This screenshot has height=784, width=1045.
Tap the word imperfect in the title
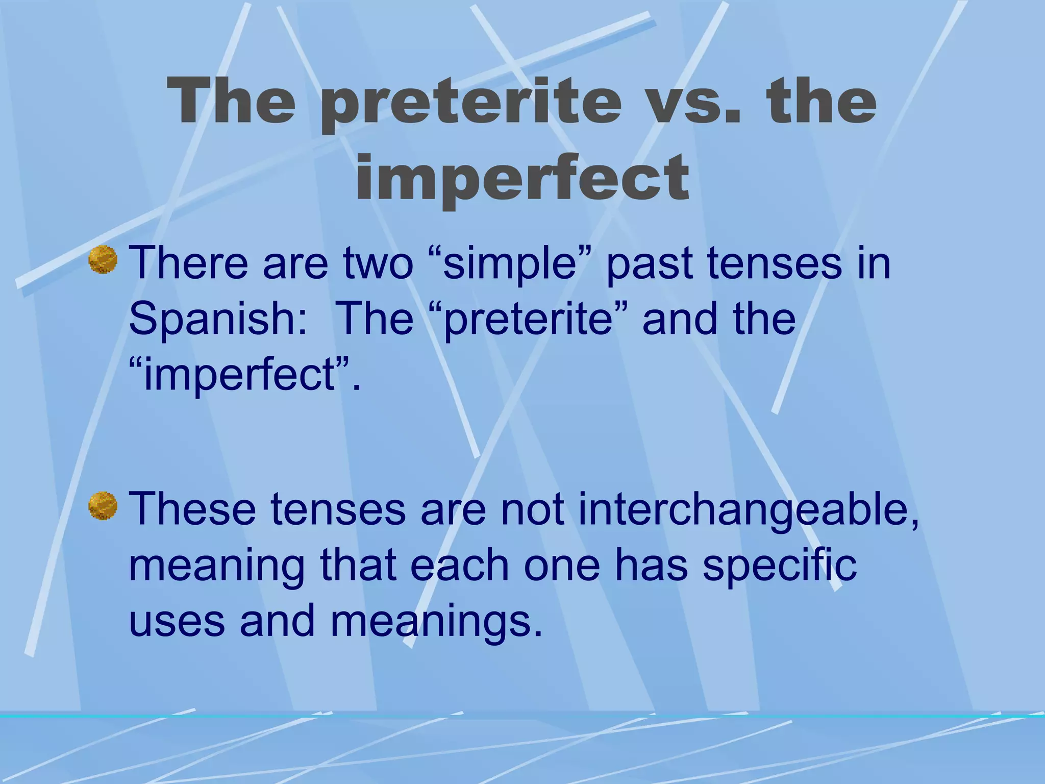point(522,176)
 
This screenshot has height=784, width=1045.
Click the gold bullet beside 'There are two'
point(103,259)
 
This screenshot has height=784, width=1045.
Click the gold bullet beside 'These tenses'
point(103,505)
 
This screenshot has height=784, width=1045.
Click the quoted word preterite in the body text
point(528,319)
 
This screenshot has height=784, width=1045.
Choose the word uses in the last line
point(177,621)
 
